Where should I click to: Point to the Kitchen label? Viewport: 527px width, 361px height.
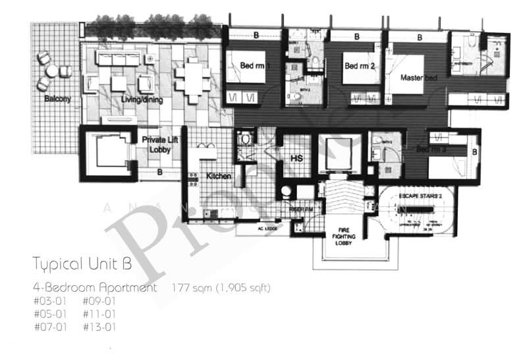(218, 177)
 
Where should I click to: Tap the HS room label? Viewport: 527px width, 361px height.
(296, 157)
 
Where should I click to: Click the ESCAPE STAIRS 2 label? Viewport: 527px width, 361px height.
(419, 195)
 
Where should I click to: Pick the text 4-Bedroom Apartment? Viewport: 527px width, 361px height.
(96, 288)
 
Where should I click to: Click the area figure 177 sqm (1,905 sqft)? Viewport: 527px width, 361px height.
(221, 288)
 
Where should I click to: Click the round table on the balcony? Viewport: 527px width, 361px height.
(51, 70)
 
